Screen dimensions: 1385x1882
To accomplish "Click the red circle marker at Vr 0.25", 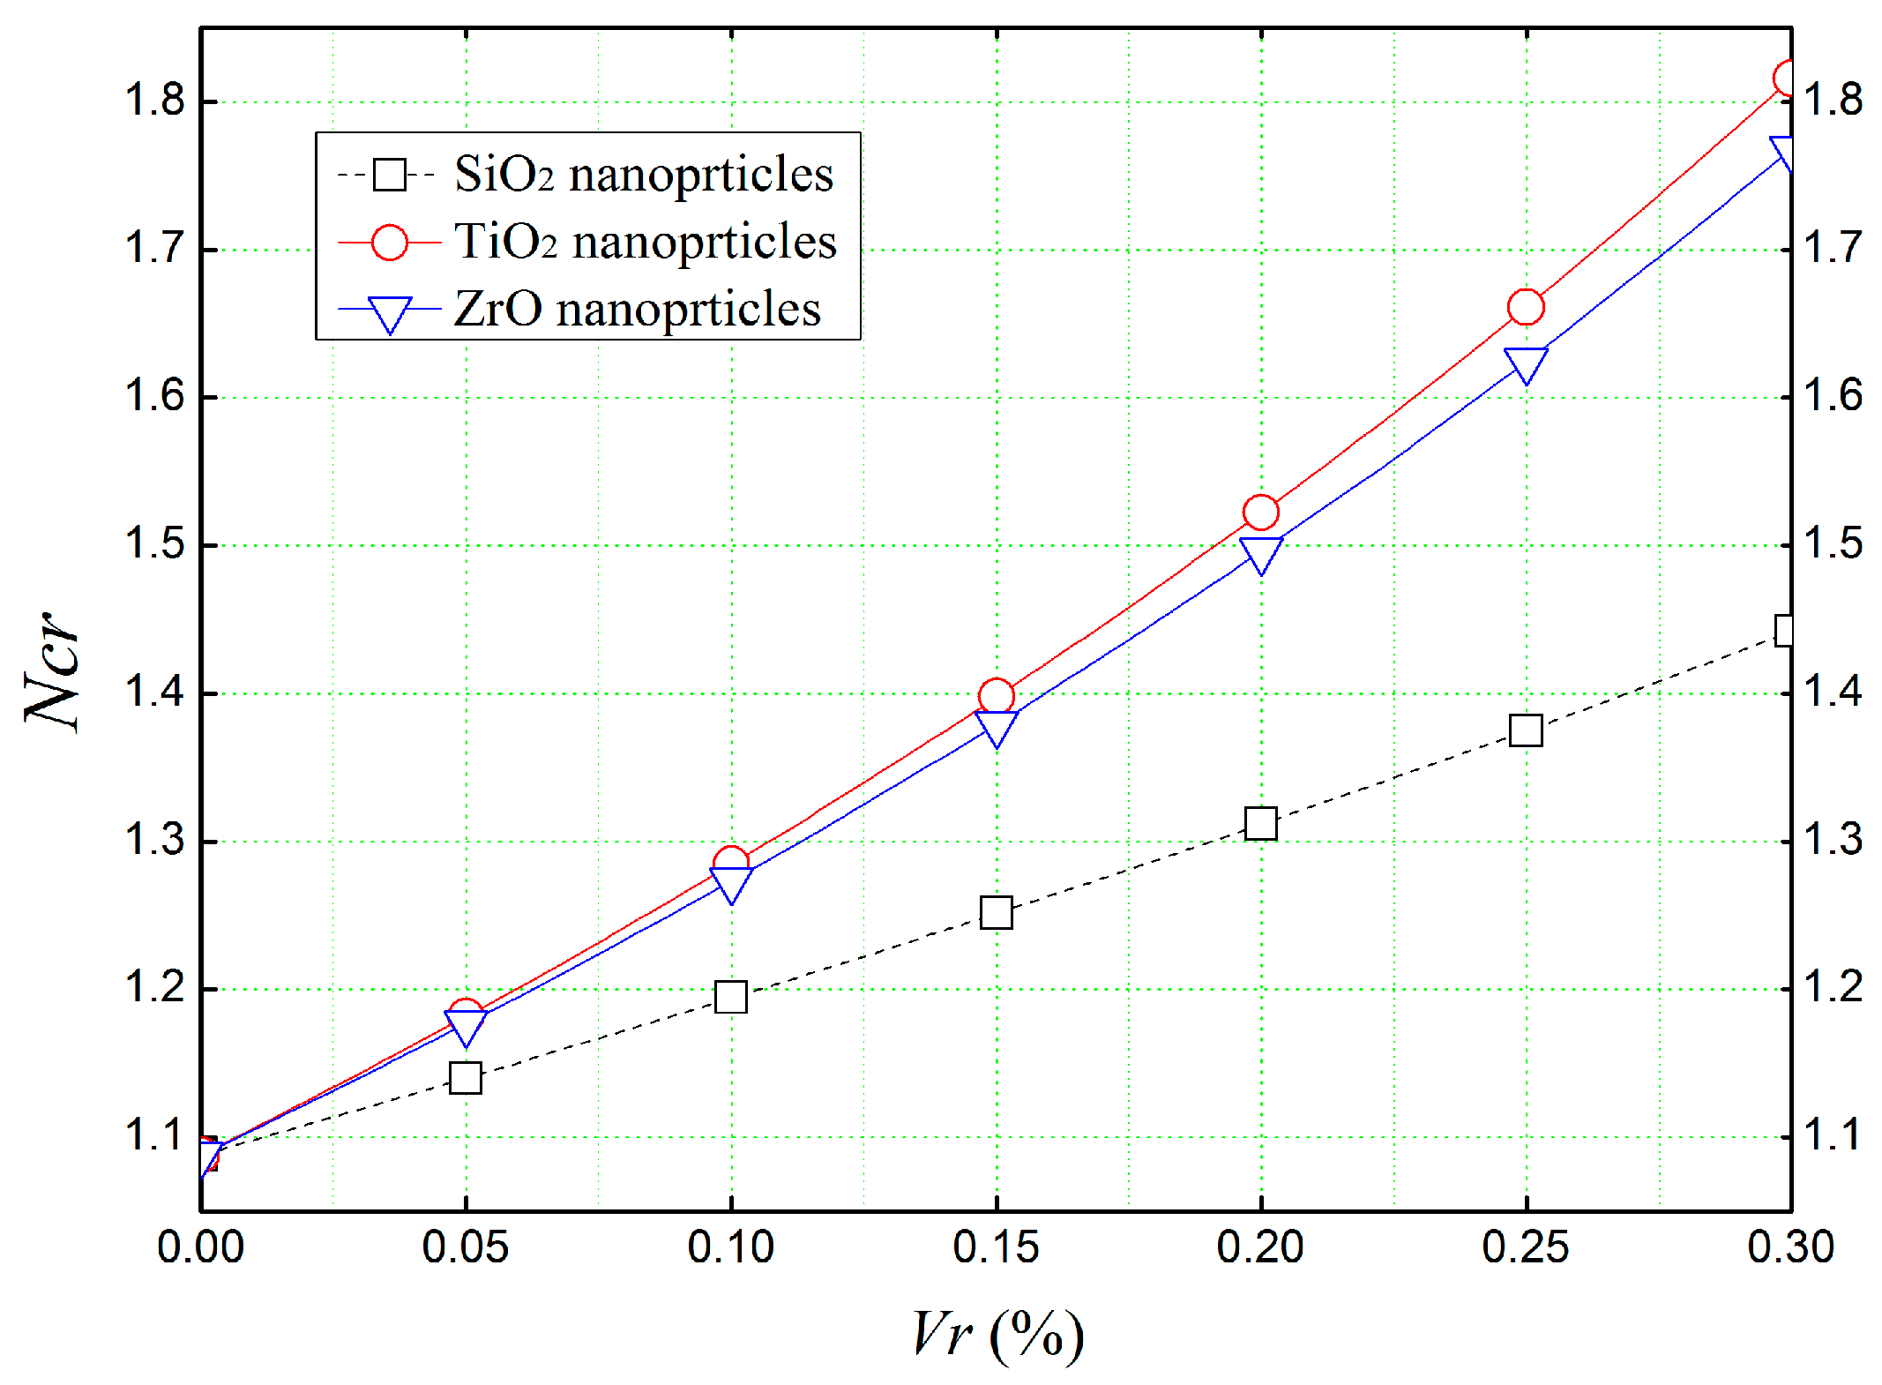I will click(1526, 307).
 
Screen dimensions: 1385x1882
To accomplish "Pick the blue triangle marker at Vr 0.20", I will click(1261, 553).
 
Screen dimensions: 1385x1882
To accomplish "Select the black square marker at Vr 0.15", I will click(997, 912).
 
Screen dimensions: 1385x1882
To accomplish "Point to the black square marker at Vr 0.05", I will click(466, 1078).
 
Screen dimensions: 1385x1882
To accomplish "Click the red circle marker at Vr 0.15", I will click(997, 697).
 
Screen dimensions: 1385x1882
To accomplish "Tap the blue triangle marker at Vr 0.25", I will click(1526, 363).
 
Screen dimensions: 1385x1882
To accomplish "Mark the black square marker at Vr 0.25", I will click(1526, 730).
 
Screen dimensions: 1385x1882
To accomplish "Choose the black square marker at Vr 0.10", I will click(731, 997).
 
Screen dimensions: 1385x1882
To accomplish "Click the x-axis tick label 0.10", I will click(730, 1247).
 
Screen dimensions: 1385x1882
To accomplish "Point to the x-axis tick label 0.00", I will click(201, 1247).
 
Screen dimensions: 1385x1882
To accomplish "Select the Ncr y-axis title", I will click(53, 670).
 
